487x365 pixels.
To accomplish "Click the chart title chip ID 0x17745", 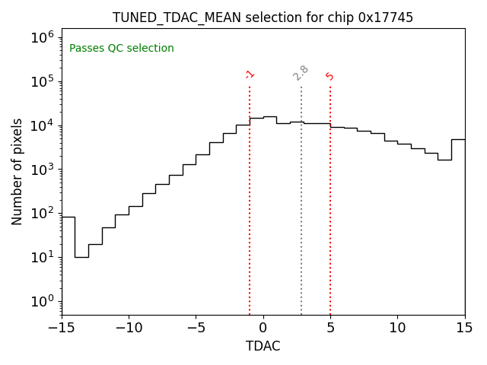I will coord(386,17).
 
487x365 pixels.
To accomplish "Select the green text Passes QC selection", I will coord(122,49).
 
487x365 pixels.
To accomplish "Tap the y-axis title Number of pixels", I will coord(18,171).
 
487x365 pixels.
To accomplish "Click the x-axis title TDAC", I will coord(263,346).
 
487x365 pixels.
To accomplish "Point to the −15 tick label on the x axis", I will coord(62,328).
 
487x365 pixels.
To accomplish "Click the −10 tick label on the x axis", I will coord(129,328).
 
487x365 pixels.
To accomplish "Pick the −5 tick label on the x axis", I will coord(196,328).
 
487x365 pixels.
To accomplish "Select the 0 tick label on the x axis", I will coord(263,328).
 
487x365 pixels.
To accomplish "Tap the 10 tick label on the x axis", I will coord(397,328).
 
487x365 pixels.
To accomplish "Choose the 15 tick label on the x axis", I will coord(464,328).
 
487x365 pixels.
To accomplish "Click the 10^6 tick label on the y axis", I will coord(43,37).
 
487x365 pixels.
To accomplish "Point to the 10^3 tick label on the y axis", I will coord(43,169).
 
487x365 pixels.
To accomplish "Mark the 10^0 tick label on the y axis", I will coord(43,301).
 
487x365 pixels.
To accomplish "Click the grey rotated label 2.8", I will coord(301,73).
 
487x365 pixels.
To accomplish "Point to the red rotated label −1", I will coord(250,75).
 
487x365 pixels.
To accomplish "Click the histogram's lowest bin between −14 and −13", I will coord(81,257).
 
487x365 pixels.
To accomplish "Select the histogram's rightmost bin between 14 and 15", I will coord(458,139).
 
